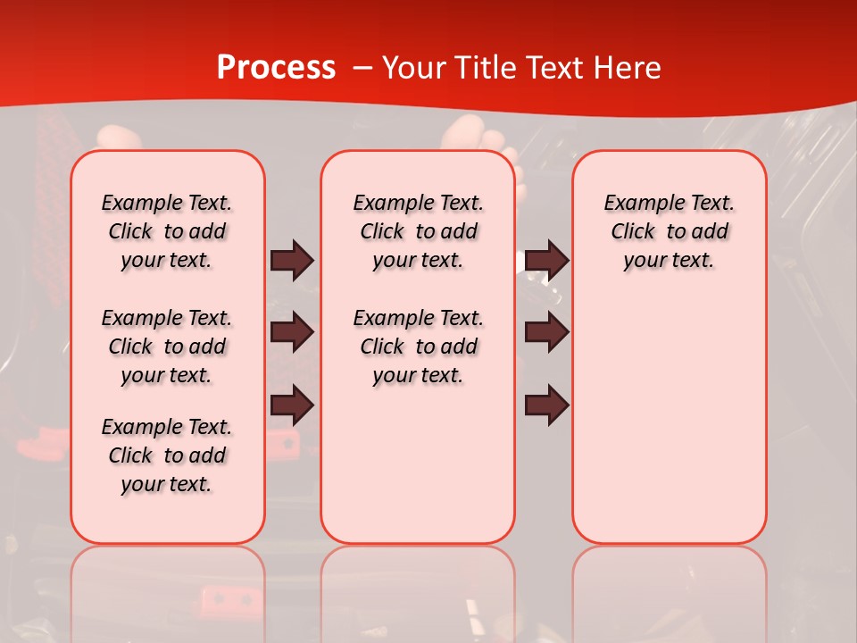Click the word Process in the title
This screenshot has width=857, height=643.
click(276, 68)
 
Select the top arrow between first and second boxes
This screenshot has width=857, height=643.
click(292, 261)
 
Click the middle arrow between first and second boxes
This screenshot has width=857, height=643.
click(292, 332)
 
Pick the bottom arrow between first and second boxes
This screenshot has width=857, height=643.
click(292, 405)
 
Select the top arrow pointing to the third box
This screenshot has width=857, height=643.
click(546, 261)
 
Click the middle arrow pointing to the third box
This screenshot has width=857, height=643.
click(546, 332)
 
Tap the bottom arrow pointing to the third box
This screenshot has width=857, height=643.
click(546, 405)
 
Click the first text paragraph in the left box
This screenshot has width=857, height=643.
click(167, 231)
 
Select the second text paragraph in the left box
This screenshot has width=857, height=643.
click(167, 347)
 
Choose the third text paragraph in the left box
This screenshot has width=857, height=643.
click(167, 455)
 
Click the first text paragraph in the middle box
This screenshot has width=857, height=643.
click(418, 231)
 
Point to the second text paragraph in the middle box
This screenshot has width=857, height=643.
click(418, 347)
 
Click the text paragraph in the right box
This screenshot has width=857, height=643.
click(669, 231)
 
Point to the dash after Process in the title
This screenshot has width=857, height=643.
click(362, 69)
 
